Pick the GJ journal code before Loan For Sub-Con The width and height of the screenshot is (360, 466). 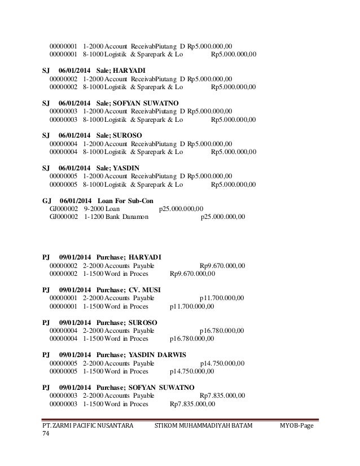point(47,201)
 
